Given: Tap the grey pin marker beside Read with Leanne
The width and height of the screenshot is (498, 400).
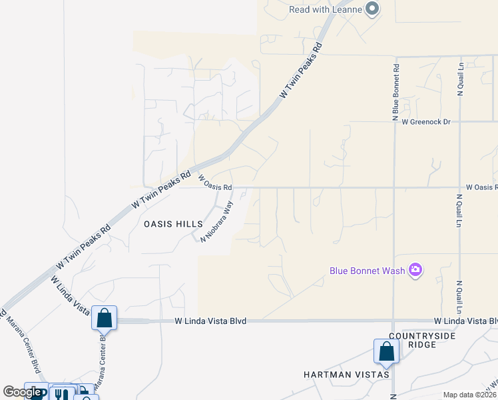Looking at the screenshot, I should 372,9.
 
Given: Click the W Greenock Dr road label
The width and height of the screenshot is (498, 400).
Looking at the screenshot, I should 421,122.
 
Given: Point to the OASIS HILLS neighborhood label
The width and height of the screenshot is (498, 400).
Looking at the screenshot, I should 168,225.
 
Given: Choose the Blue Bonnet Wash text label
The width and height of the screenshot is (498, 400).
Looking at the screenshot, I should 368,271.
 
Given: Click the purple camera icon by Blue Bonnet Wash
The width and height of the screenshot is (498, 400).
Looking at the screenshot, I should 415,270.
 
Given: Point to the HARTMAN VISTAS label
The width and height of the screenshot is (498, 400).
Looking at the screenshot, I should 346,375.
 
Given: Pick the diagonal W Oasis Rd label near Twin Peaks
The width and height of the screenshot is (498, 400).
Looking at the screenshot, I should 215,182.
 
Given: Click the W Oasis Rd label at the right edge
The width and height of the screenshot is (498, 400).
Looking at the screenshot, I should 481,188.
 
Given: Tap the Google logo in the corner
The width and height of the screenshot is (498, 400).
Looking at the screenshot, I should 22,392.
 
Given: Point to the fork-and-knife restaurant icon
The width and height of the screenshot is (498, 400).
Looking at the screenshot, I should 61,393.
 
